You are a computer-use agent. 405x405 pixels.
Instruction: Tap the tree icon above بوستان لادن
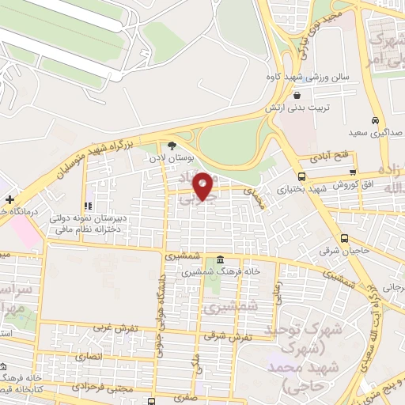(x=172, y=146)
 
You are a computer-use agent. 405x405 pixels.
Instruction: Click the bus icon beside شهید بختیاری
(x=301, y=176)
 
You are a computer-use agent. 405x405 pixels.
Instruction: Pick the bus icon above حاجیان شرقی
(x=343, y=238)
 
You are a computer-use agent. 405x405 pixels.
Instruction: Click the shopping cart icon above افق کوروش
(x=353, y=173)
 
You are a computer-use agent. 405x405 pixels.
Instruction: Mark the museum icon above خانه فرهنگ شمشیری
(x=218, y=260)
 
